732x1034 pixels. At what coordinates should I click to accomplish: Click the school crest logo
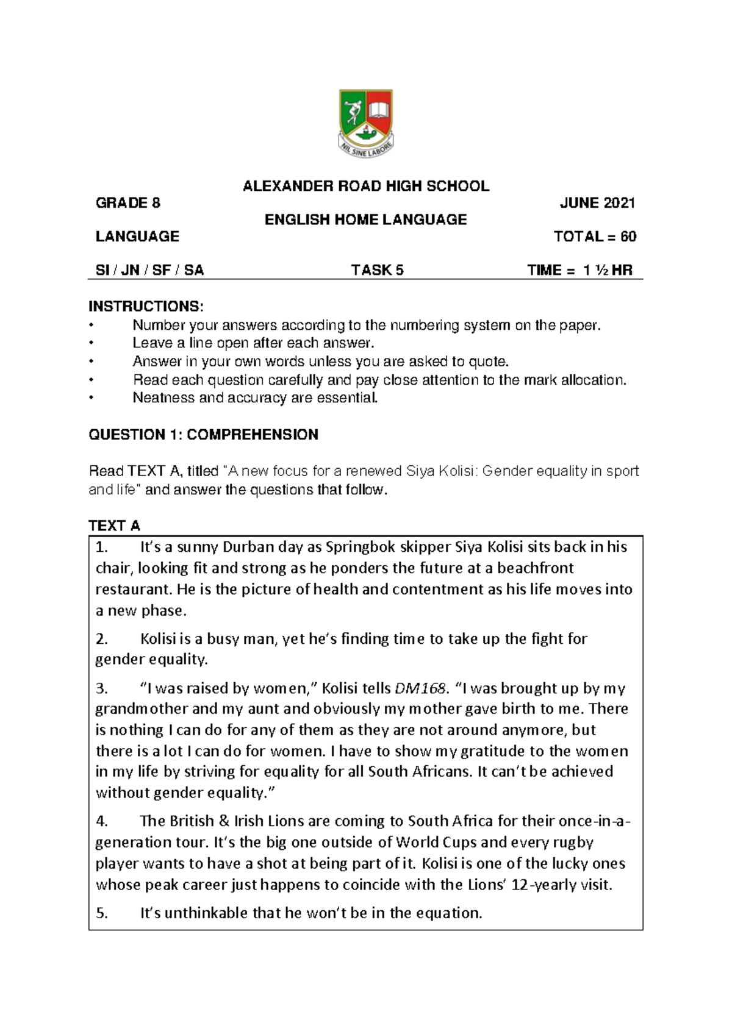click(365, 124)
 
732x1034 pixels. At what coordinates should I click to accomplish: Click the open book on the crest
click(379, 110)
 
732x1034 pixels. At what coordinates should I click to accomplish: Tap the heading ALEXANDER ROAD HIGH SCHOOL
click(366, 186)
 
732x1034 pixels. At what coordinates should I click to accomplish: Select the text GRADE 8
click(127, 203)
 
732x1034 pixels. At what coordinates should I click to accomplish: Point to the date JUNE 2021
click(598, 203)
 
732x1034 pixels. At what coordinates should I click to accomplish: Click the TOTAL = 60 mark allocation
click(595, 237)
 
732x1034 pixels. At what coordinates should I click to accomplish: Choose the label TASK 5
click(377, 270)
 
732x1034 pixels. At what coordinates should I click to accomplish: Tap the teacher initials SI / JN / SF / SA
click(149, 270)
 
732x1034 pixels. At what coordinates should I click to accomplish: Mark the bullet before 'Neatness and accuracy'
click(91, 399)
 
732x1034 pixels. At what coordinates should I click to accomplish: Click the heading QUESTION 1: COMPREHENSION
click(203, 435)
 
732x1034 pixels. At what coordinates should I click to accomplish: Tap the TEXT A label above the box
click(114, 526)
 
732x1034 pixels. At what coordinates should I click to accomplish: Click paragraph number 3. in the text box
click(102, 688)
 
